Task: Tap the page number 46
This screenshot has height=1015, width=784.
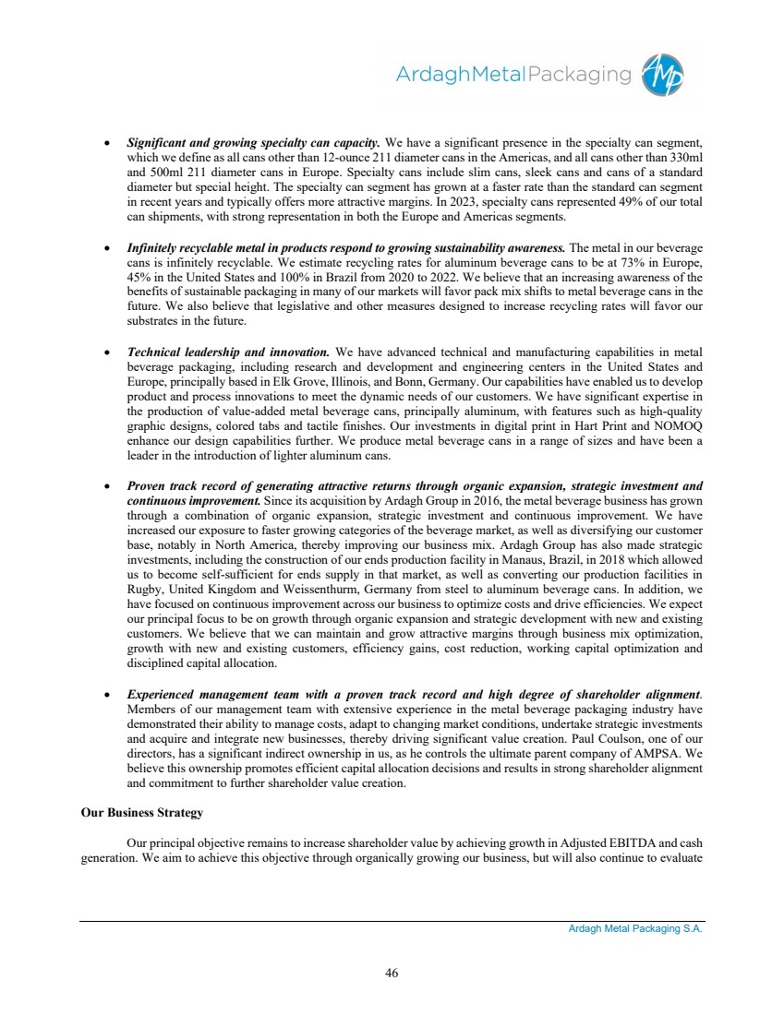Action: (x=392, y=972)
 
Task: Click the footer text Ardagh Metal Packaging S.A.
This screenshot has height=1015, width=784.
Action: (x=635, y=929)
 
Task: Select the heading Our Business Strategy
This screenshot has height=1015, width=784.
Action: (x=141, y=813)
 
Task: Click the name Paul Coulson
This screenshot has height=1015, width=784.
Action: (x=576, y=738)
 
